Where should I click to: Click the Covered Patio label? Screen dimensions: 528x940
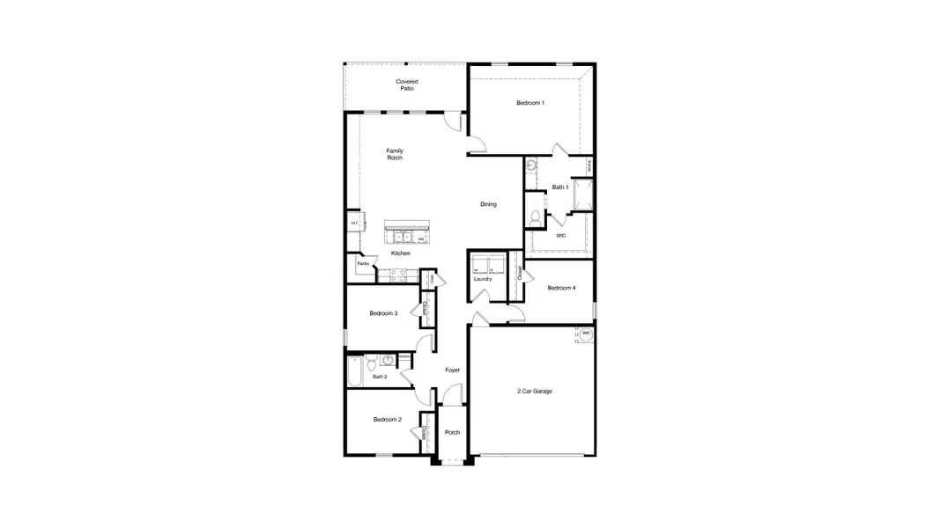pos(406,85)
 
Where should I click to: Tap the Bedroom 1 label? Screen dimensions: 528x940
pos(529,104)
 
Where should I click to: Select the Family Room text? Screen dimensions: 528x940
pos(395,154)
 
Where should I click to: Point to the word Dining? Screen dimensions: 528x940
pos(488,204)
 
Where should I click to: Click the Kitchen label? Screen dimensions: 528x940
pos(401,253)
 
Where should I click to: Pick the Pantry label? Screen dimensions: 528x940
pos(363,263)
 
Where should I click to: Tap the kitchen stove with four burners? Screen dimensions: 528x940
pos(397,275)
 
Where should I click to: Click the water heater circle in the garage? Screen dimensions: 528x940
pos(586,334)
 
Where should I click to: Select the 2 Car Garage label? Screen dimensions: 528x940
pos(534,391)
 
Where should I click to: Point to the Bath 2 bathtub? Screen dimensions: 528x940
pos(354,372)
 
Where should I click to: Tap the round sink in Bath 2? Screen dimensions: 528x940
pos(388,359)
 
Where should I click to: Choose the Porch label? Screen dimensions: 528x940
pos(452,432)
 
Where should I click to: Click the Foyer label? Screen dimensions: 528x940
pos(452,370)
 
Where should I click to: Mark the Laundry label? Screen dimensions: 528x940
pos(482,279)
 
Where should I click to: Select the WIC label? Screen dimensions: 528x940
pos(560,235)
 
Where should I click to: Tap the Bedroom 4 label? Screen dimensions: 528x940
pos(561,288)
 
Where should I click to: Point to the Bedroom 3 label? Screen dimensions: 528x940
pos(383,313)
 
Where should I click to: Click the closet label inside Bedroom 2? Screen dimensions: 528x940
pos(425,432)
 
